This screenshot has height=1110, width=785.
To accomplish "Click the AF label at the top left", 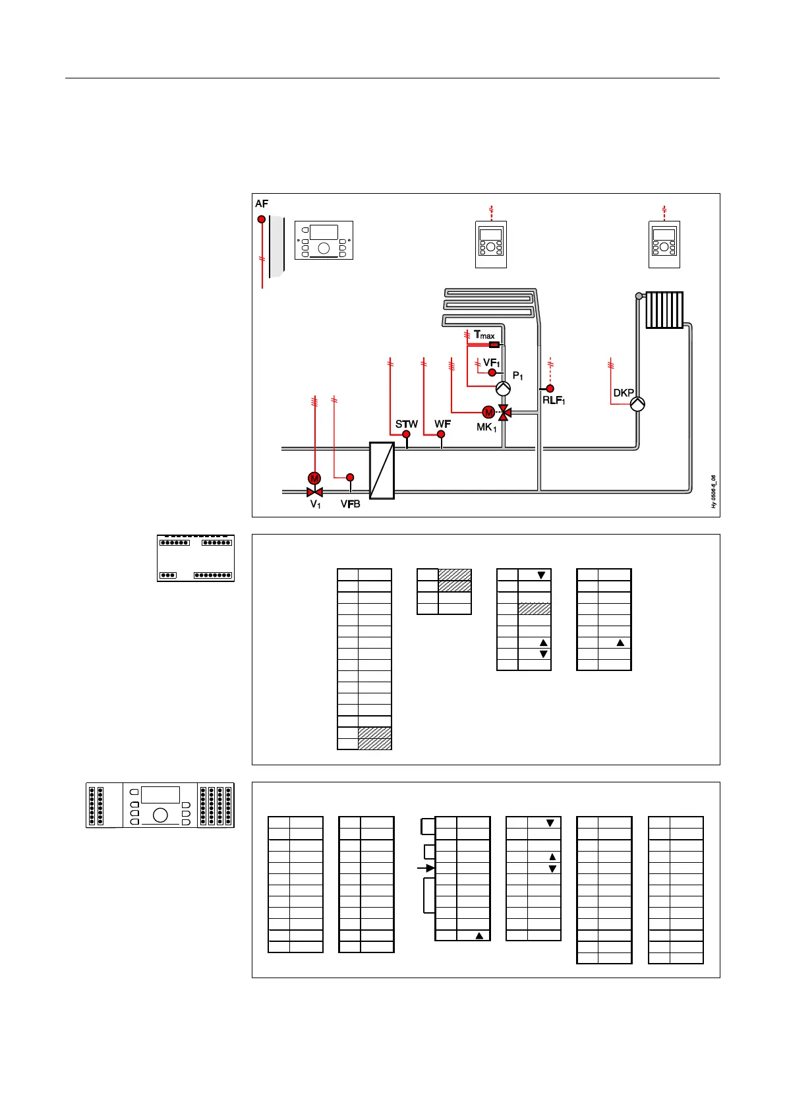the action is tap(262, 204).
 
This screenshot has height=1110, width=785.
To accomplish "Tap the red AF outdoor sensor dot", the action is tap(262, 219).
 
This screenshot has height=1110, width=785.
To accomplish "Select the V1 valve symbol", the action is tap(314, 492).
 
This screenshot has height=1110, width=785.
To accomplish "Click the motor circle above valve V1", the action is tap(314, 479).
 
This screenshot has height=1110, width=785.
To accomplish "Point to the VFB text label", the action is tap(350, 504).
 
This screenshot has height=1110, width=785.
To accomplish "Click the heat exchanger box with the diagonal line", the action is tap(382, 470).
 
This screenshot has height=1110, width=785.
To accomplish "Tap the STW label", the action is tap(406, 424).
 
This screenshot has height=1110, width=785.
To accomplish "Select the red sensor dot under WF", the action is tap(441, 434).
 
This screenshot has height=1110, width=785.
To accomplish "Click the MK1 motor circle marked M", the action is tap(488, 413).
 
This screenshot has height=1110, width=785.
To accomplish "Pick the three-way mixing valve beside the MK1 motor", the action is tap(504, 413).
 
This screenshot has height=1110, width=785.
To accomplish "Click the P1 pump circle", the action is tap(503, 388).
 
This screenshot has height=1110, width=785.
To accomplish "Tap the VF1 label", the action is tap(491, 363).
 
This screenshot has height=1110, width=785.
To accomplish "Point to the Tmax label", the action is tap(484, 335).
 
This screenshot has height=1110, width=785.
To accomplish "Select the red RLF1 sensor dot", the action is tap(550, 389).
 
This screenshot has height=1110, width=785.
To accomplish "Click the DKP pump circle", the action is tap(637, 404).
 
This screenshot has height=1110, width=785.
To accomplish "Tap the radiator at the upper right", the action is tap(664, 310).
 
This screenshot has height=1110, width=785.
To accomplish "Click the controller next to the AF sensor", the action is tap(324, 240).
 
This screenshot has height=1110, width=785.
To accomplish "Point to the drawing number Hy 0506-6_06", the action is tap(713, 492).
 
